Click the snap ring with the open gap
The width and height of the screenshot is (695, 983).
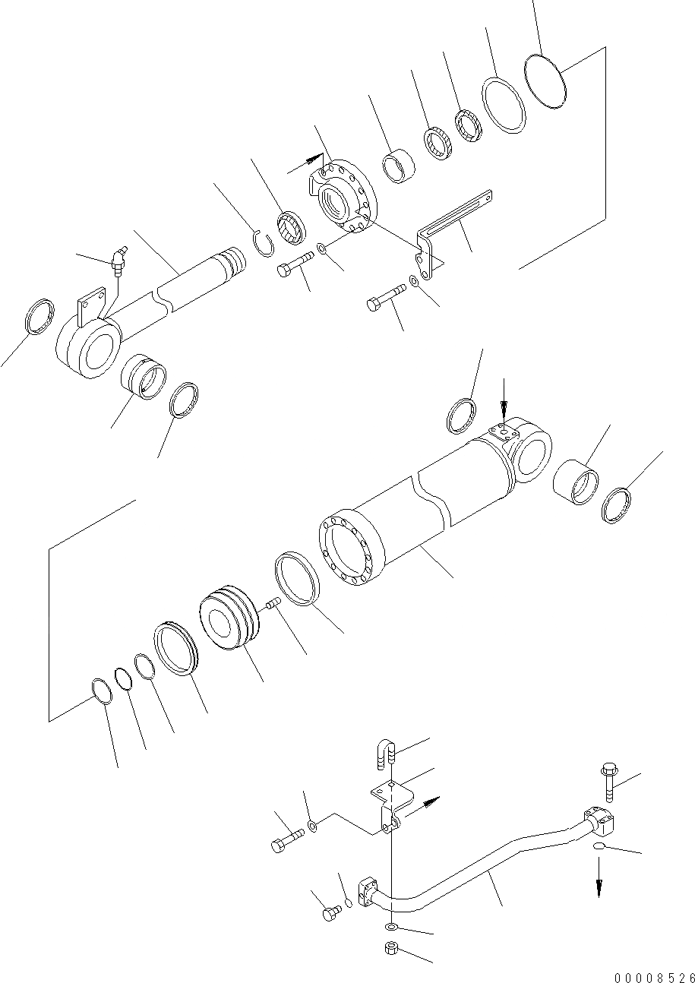coord(263,245)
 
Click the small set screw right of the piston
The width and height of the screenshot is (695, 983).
coord(274,604)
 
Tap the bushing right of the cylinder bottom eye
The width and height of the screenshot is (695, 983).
coord(575,480)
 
